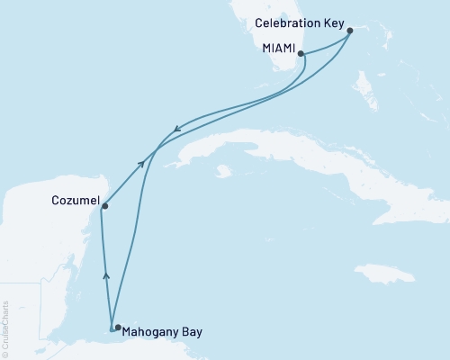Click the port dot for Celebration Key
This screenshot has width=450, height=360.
point(349,30)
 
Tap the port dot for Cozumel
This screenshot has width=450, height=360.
point(104,206)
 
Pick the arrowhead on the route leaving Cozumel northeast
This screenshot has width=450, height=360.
point(140,163)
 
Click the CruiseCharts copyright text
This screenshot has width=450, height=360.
point(5,329)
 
